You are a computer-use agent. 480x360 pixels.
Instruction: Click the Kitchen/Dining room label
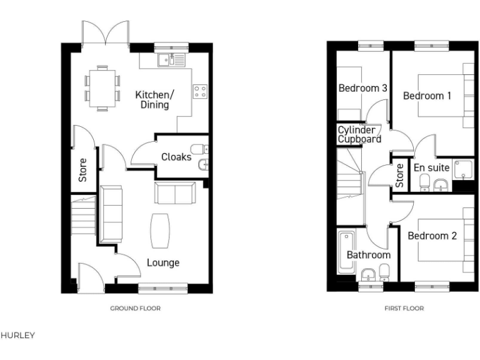click(154, 100)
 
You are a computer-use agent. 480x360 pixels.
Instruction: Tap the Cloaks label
click(176, 157)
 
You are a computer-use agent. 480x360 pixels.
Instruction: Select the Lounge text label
click(163, 262)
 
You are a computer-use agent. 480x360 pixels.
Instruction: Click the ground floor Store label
click(82, 170)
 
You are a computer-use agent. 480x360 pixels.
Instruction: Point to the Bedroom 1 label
click(427, 96)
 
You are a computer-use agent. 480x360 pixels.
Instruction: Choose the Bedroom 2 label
click(432, 236)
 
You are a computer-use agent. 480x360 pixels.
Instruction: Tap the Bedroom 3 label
click(362, 88)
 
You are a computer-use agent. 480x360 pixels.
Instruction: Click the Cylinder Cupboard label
click(359, 134)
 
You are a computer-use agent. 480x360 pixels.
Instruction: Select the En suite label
click(431, 167)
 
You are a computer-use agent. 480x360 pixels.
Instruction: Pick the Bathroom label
click(369, 255)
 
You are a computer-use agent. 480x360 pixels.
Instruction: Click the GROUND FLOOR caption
click(136, 308)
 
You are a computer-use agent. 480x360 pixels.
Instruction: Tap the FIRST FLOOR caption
click(404, 308)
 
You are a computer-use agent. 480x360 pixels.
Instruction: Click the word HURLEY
click(18, 336)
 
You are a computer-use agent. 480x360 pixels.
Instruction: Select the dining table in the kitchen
click(101, 87)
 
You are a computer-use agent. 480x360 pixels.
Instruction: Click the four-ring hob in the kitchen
click(201, 92)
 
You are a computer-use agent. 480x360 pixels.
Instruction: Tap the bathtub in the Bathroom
click(344, 252)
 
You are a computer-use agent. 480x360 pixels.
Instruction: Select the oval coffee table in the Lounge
click(160, 231)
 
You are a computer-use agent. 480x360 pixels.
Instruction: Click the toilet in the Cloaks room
click(198, 149)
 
